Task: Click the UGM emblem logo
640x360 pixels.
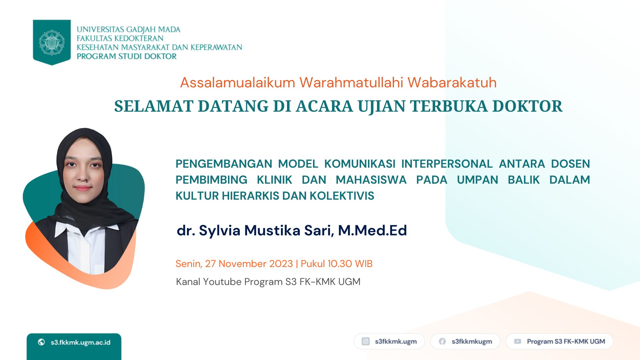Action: pyautogui.click(x=52, y=42)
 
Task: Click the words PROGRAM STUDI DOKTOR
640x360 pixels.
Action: pyautogui.click(x=127, y=56)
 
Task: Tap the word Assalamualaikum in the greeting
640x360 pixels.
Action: pyautogui.click(x=238, y=82)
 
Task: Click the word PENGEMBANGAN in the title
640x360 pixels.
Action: pyautogui.click(x=224, y=164)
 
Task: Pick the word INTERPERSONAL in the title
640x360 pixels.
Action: pyautogui.click(x=447, y=164)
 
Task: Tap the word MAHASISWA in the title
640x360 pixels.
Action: pyautogui.click(x=371, y=180)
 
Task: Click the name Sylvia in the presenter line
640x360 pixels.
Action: pyautogui.click(x=220, y=231)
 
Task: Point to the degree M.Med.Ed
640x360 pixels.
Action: pyautogui.click(x=372, y=230)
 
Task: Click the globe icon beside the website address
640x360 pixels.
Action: pyautogui.click(x=41, y=342)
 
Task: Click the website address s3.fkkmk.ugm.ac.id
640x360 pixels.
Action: pyautogui.click(x=80, y=342)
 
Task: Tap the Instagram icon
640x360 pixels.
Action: pyautogui.click(x=366, y=341)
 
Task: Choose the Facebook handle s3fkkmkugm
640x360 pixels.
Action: pyautogui.click(x=472, y=342)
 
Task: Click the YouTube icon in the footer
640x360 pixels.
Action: pyautogui.click(x=517, y=341)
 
